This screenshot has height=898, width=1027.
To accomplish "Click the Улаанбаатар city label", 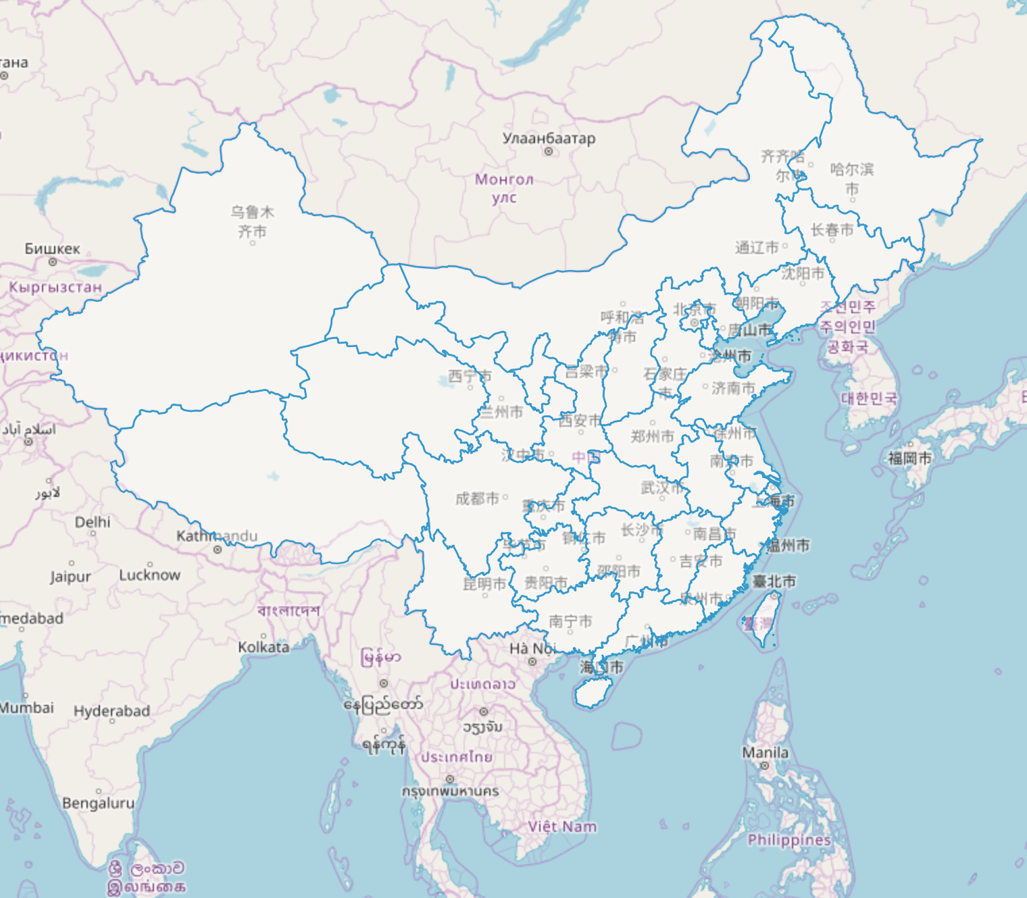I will (x=549, y=138).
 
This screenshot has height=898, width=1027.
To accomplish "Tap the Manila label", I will (x=765, y=752).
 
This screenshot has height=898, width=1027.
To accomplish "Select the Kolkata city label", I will (x=264, y=647).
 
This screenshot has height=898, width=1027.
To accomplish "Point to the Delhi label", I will (x=93, y=522).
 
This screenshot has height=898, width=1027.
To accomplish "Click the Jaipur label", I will (x=70, y=577).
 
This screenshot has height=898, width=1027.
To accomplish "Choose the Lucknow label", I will (x=150, y=575).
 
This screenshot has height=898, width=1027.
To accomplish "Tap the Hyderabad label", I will (x=111, y=711).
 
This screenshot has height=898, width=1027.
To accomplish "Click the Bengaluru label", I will (x=98, y=803).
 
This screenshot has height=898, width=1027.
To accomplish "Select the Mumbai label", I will (x=27, y=708).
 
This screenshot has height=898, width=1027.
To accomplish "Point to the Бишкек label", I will (x=52, y=249).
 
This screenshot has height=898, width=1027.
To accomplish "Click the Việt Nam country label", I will (x=562, y=826).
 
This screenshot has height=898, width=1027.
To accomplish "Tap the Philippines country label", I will (x=789, y=840).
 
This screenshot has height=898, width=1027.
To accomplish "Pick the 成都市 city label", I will (x=477, y=498).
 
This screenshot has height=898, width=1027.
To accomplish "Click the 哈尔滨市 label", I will (x=852, y=178).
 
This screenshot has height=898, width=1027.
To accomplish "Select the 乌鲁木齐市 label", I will (x=252, y=221).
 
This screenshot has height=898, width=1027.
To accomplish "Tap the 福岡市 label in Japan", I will (x=909, y=458).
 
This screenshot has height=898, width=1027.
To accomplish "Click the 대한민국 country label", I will (x=869, y=398).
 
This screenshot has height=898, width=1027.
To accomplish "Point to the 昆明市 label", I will (x=484, y=583).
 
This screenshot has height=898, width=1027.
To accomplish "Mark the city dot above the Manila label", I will (x=764, y=766).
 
